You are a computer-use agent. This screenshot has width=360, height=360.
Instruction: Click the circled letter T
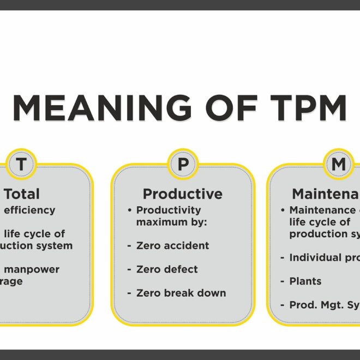coord(21,164)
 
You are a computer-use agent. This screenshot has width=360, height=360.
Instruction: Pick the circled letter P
coord(183,164)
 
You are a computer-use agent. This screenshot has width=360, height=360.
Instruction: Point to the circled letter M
coord(339,164)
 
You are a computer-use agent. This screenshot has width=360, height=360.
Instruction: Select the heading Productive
coord(183,194)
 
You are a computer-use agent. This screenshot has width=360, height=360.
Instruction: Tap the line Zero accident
coord(173,245)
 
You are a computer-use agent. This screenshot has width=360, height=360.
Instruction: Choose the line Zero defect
coord(167,269)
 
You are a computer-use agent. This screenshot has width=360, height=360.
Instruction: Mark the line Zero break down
coord(181,293)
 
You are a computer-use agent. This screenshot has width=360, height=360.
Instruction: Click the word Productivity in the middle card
coord(169,210)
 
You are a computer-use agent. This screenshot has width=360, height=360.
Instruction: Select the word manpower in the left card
coord(35,269)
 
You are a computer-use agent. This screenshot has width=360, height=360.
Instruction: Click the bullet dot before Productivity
coord(130,210)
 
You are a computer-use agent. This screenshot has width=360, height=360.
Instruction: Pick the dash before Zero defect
coord(129,269)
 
